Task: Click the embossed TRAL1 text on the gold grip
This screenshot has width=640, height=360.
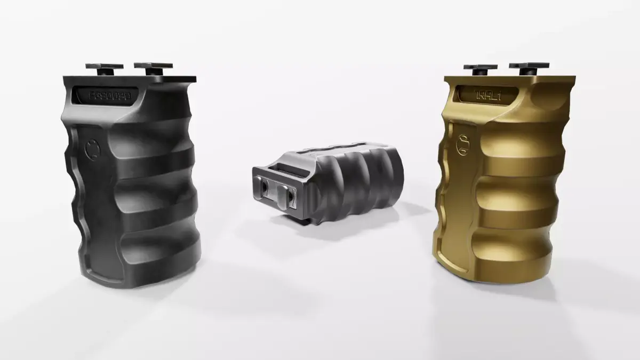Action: tap(489, 95)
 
